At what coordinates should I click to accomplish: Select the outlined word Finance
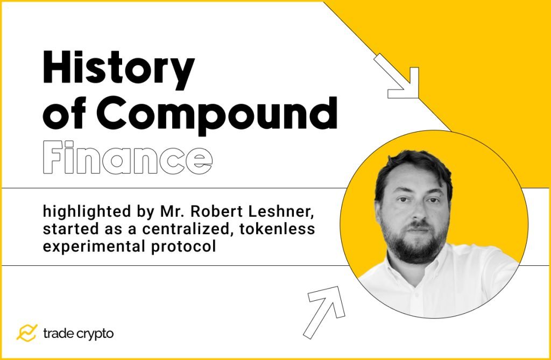128,157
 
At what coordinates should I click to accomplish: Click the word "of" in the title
61,115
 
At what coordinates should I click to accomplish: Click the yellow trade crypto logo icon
26,333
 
